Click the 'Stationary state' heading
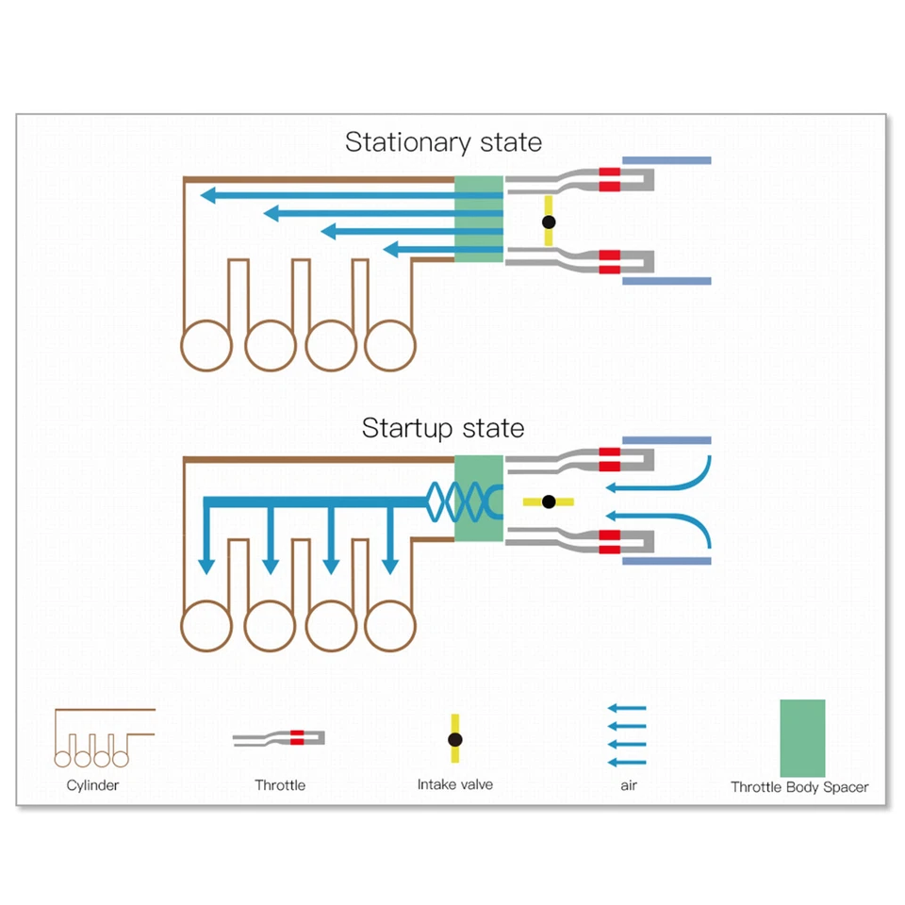443,142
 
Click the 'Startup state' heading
443,428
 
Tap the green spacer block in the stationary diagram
480,219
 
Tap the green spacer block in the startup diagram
479,498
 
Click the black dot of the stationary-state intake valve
549,222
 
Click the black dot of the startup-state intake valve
549,502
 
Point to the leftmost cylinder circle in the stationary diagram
207,345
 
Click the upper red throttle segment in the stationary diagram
610,176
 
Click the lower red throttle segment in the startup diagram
610,542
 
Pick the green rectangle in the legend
802,737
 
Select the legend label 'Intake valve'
454,784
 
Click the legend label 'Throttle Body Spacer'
799,787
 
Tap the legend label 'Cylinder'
92,784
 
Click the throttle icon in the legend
280,737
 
